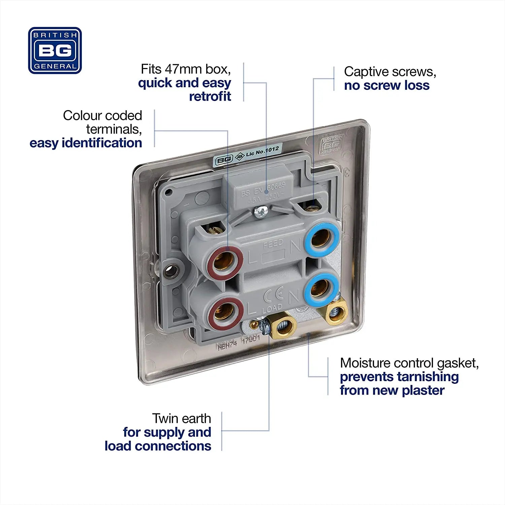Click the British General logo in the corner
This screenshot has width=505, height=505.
tap(55, 50)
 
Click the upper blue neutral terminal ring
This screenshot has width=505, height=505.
tap(321, 238)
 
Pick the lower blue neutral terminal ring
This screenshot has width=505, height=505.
tap(320, 288)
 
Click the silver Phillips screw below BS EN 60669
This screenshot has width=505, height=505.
tap(260, 212)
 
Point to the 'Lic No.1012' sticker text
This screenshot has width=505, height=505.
tap(262, 151)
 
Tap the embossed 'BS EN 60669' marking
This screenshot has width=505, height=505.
tap(263, 189)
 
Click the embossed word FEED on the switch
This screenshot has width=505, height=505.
tap(273, 243)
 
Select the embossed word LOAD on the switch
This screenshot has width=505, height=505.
tap(272, 308)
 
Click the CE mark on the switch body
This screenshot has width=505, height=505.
tap(273, 296)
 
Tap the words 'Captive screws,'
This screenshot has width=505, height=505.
tap(390, 72)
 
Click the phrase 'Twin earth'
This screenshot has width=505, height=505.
tap(181, 418)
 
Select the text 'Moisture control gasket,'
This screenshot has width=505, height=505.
tap(409, 363)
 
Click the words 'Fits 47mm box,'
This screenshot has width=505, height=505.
tap(186, 69)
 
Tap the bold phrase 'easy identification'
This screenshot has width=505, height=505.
tap(86, 143)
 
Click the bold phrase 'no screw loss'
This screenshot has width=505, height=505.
tap(386, 86)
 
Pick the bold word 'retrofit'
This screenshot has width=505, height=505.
tap(210, 97)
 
